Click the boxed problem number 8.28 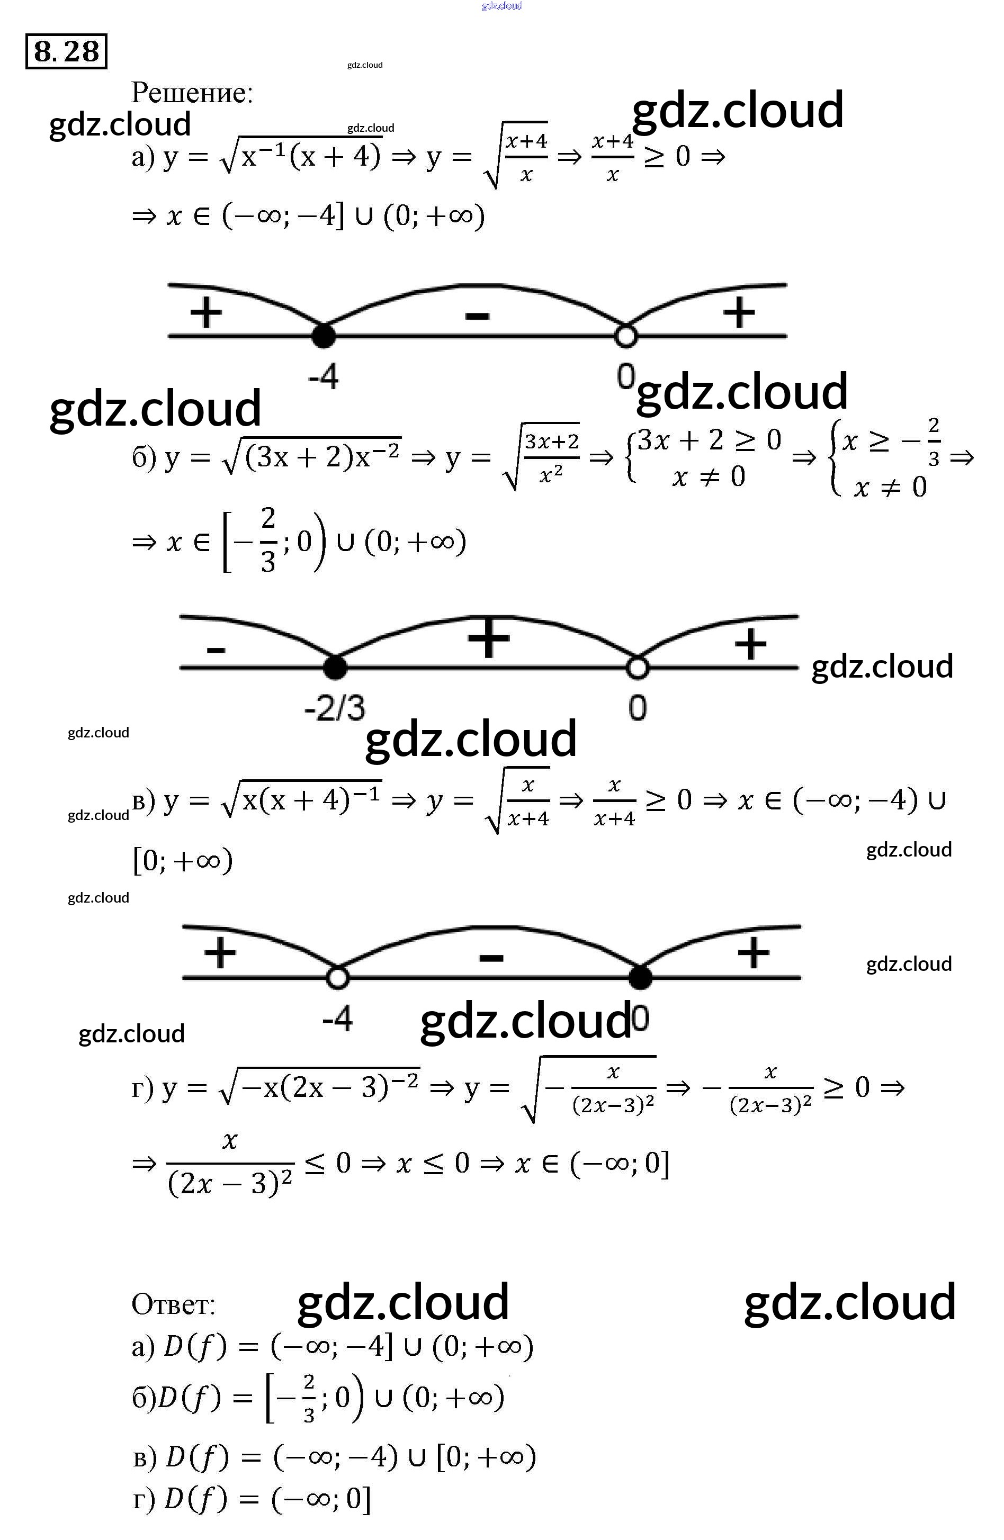pos(66,51)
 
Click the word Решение pos(192,93)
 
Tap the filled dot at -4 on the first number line pos(323,336)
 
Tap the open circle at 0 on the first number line pos(625,336)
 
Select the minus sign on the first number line pos(477,316)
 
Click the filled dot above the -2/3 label pos(335,667)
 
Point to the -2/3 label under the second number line pos(335,708)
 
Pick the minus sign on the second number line pos(216,649)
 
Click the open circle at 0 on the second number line pos(638,667)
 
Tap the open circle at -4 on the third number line pos(337,977)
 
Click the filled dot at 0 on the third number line pos(640,977)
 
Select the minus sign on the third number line pos(491,957)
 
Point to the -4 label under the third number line pos(337,1019)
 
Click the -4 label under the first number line pos(323,376)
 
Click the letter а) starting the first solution pos(142,157)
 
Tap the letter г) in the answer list pos(144,1499)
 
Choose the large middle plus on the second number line pos(489,637)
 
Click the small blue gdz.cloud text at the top pos(501,6)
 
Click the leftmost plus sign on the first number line pos(206,312)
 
